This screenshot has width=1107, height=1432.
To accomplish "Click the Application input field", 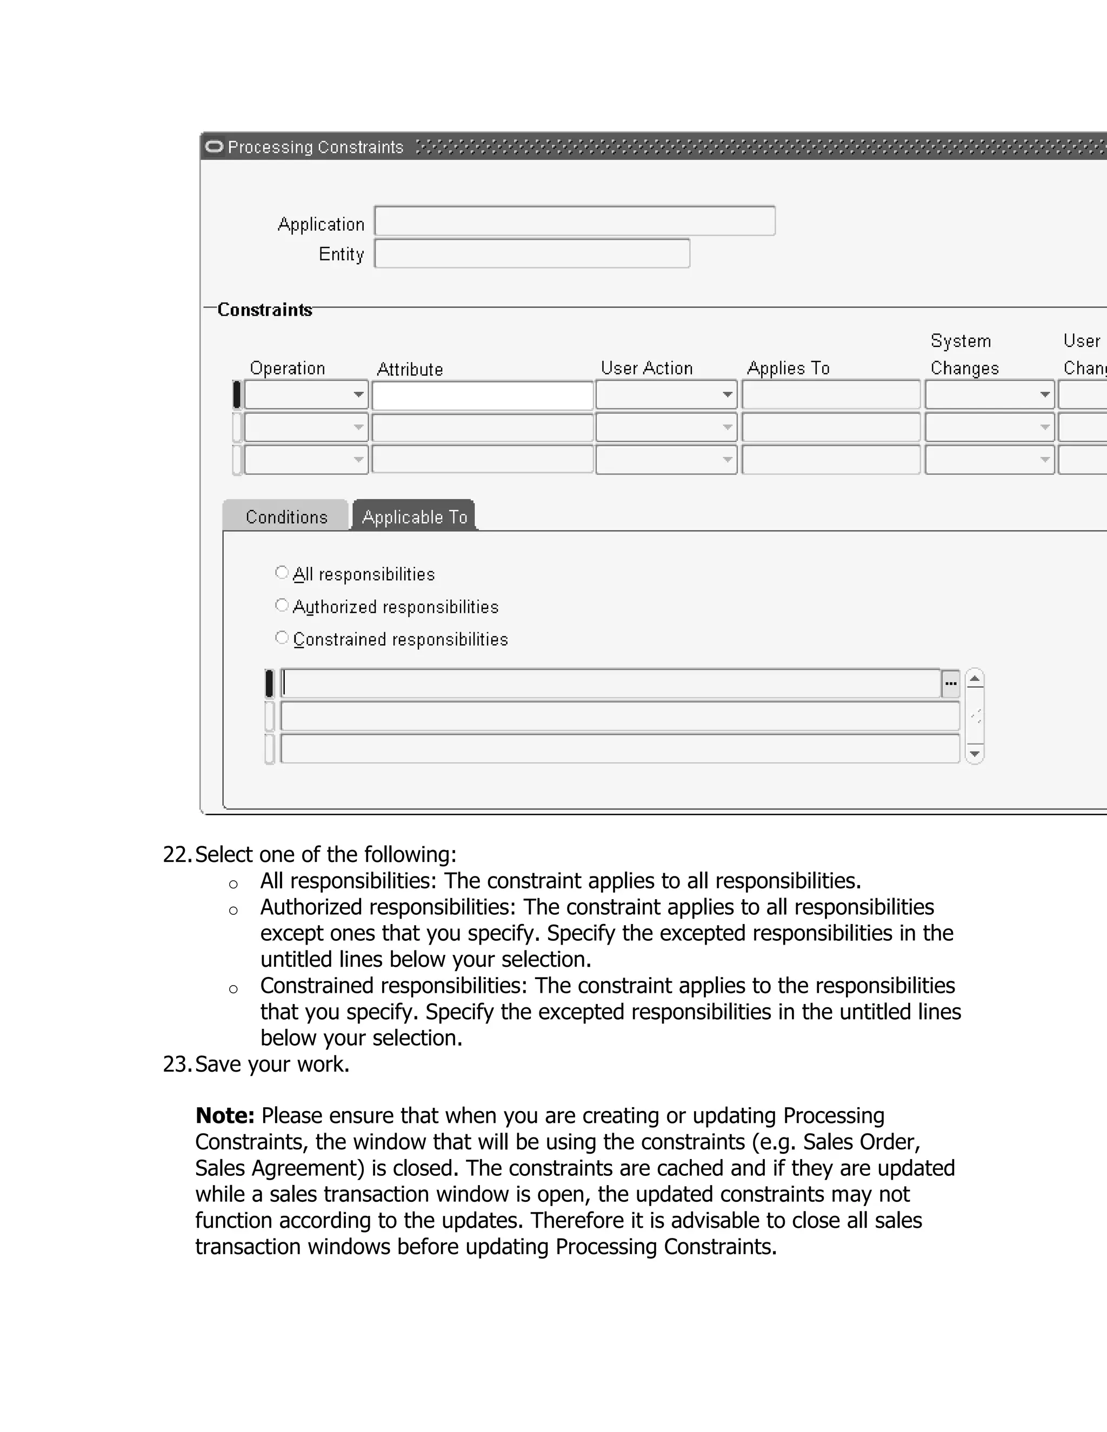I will (x=575, y=221).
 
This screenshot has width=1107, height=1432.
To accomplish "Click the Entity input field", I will (x=532, y=254).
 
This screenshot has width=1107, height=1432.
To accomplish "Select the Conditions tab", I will (x=286, y=517).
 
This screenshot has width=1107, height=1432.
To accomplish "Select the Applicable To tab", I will (x=414, y=517).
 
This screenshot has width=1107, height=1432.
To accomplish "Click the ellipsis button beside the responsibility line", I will (x=950, y=684).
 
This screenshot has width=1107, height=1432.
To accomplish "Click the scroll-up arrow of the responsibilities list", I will (x=975, y=679).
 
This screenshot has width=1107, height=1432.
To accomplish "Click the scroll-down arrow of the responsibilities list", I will (x=975, y=754).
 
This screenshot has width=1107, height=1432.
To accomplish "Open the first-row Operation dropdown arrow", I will (x=358, y=394).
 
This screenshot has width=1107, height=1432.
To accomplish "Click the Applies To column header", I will (x=788, y=369).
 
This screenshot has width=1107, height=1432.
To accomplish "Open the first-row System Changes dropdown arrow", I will (x=1045, y=394).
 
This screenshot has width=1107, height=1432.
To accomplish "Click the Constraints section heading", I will (x=264, y=310).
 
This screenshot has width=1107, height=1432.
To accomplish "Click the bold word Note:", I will (x=225, y=1115).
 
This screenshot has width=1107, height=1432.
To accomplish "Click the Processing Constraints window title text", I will (x=316, y=147).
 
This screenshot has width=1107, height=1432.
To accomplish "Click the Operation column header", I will (x=287, y=369).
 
